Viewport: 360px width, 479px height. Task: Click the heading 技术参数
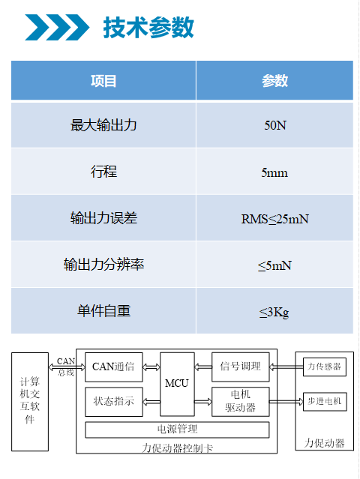click(148, 28)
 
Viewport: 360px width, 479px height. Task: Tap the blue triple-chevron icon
click(57, 27)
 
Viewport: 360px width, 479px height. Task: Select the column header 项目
click(103, 81)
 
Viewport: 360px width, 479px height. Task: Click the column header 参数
click(274, 81)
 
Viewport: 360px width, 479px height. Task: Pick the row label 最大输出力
click(103, 125)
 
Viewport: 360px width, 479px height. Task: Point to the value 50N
click(275, 125)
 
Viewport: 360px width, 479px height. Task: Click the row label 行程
click(103, 172)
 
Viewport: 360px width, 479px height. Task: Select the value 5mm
click(274, 173)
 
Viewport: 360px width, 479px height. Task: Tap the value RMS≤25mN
click(274, 219)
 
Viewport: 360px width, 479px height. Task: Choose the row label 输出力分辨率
click(103, 265)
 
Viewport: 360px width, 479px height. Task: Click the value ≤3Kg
click(274, 312)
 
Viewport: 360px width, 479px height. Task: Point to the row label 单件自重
click(103, 311)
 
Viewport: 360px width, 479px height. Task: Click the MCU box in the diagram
click(177, 384)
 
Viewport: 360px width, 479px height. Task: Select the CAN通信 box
click(114, 367)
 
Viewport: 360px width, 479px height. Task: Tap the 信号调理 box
click(241, 367)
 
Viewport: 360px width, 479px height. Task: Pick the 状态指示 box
click(114, 402)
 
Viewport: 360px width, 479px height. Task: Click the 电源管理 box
click(177, 430)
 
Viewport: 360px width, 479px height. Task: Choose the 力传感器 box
click(325, 367)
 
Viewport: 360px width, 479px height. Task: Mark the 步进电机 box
click(325, 401)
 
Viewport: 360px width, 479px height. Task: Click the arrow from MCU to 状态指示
click(151, 402)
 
